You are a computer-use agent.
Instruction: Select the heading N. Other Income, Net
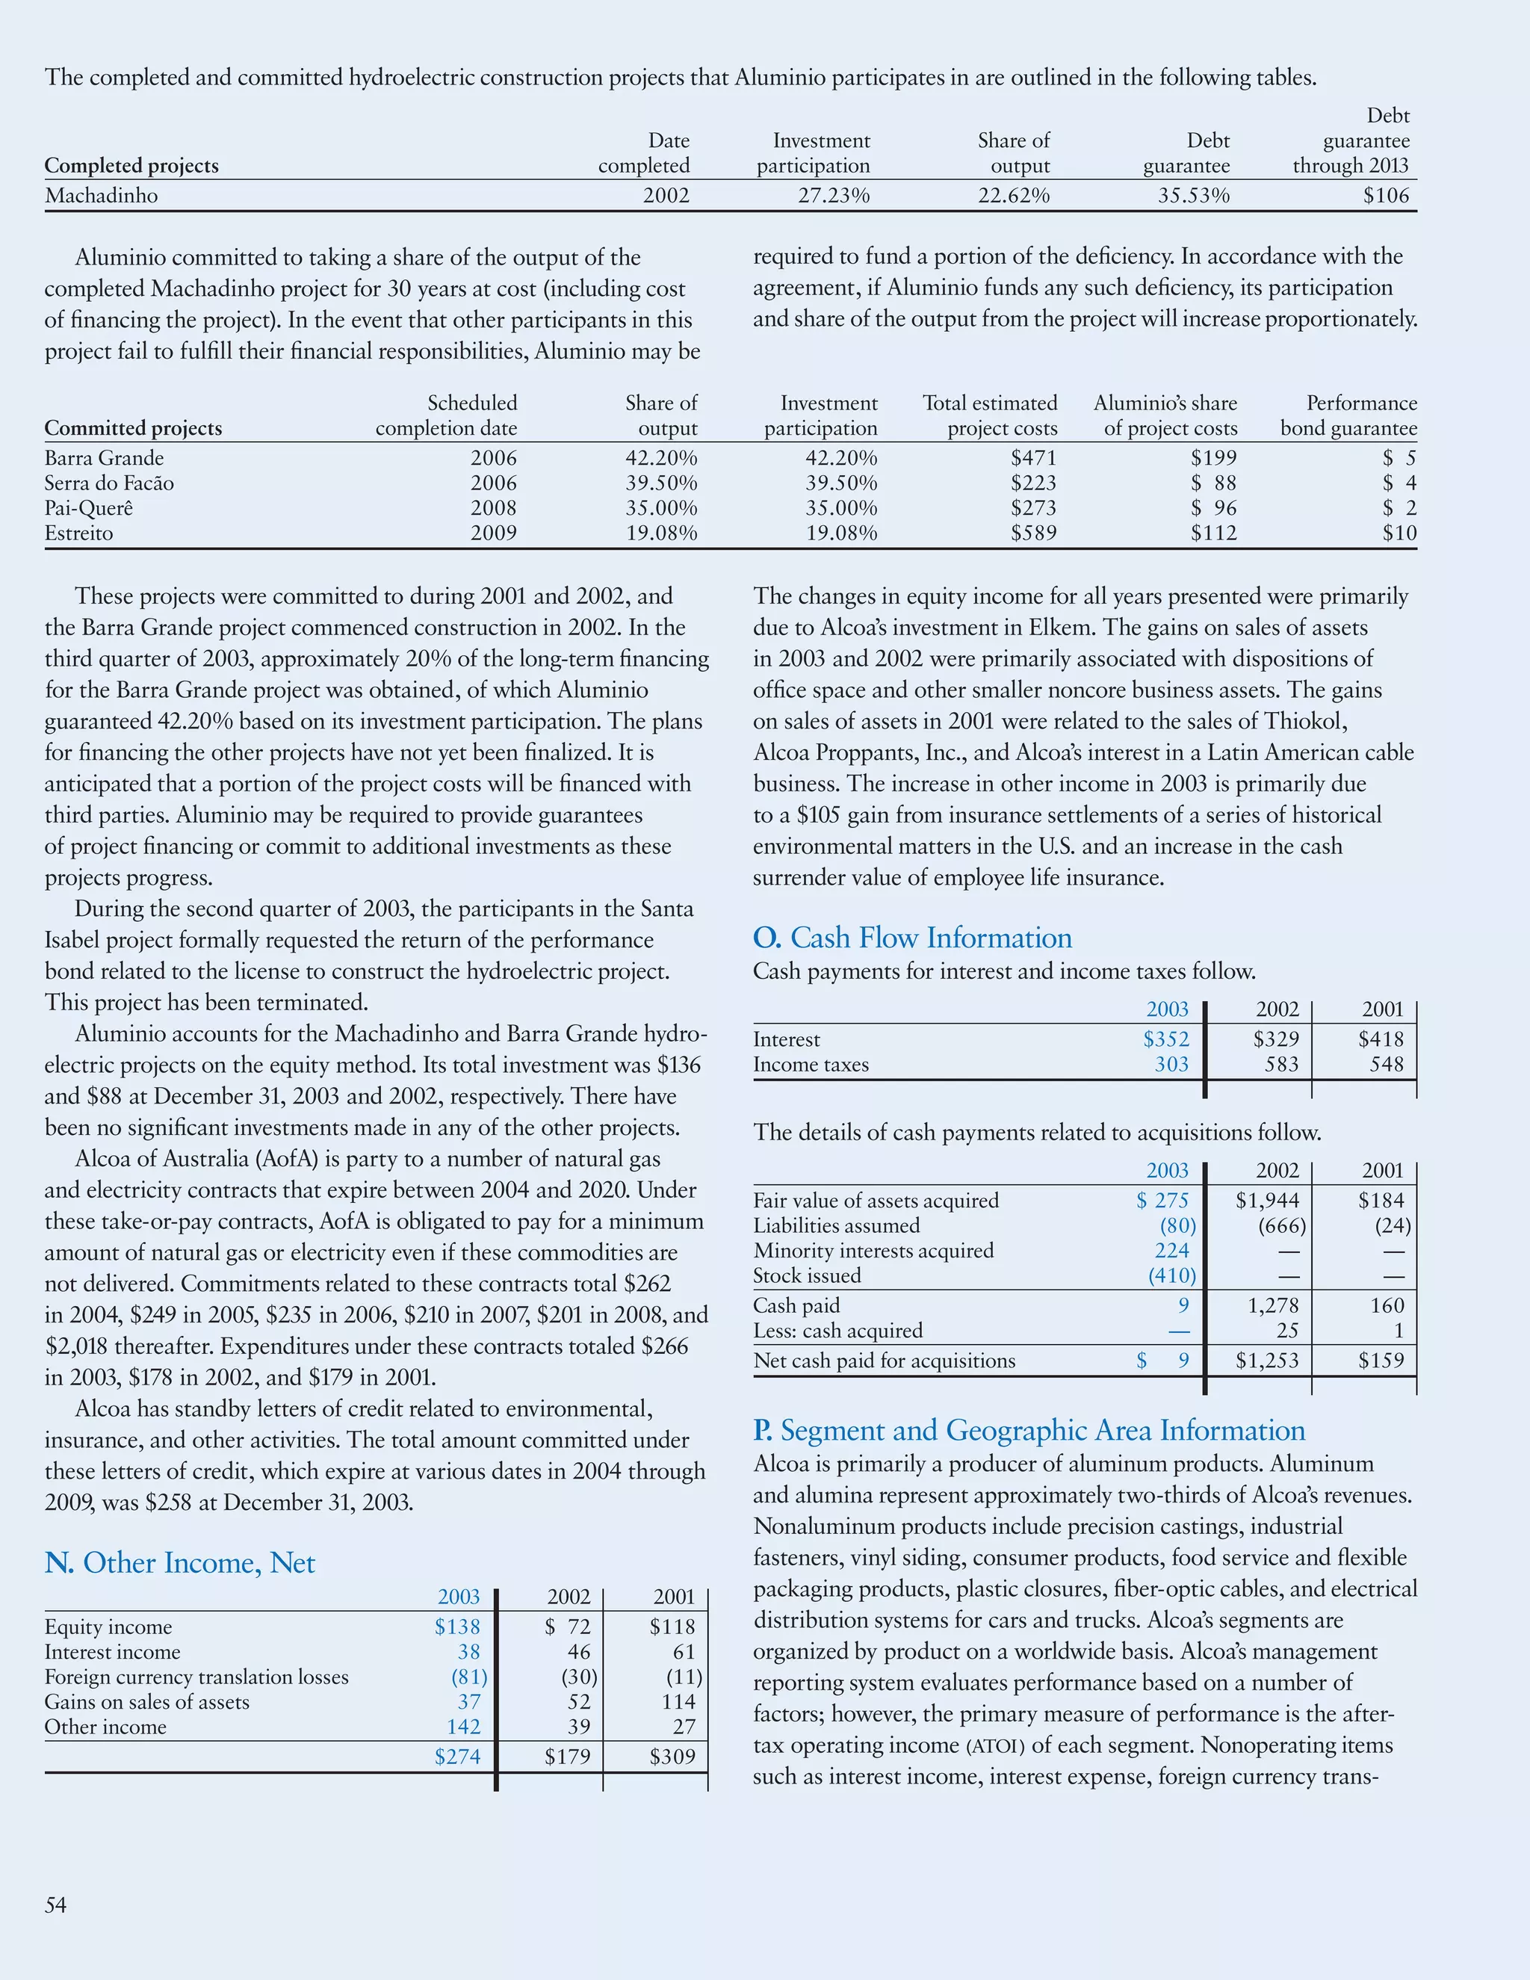click(179, 1563)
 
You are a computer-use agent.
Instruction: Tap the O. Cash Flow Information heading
click(912, 938)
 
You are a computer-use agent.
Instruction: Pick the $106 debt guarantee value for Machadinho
click(1386, 196)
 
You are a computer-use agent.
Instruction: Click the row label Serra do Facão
click(109, 483)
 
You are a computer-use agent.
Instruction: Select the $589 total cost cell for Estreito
click(1033, 533)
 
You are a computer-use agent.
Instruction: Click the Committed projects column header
click(133, 428)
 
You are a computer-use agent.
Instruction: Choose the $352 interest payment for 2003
click(1165, 1039)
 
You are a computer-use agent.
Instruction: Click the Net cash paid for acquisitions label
click(884, 1361)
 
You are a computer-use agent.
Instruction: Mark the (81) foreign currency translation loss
click(468, 1677)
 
